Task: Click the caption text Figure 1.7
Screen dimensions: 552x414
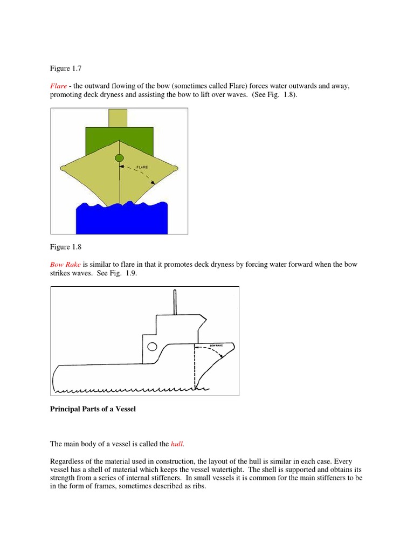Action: (64, 68)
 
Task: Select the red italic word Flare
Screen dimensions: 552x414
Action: (59, 86)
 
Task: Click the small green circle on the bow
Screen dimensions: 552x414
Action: (119, 158)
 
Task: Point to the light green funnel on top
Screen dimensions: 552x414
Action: (118, 118)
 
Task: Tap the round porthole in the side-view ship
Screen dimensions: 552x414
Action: (151, 346)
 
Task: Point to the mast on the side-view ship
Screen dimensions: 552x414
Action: (174, 302)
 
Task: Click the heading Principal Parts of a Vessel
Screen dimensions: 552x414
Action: (93, 409)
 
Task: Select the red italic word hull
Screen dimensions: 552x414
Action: (177, 444)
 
